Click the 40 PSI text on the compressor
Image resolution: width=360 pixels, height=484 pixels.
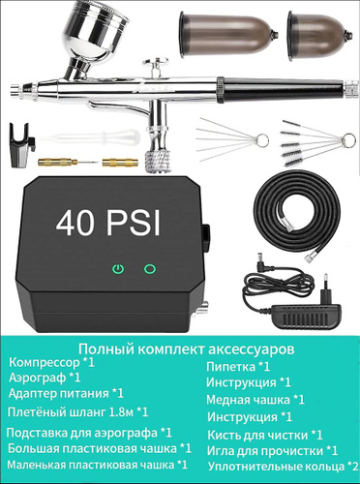point(108,223)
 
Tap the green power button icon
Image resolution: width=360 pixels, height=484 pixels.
point(119,268)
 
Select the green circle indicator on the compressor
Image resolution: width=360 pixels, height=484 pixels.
point(150,268)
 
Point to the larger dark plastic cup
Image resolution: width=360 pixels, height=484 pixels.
point(228,34)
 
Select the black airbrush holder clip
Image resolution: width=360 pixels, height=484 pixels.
point(22,145)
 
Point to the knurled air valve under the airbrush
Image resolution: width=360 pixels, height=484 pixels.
point(157,161)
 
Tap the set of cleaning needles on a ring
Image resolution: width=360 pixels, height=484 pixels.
point(232,138)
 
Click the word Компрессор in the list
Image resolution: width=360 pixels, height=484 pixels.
point(45,363)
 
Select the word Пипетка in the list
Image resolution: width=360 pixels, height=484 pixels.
point(230,367)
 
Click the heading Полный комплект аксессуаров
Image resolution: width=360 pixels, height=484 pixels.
point(187,348)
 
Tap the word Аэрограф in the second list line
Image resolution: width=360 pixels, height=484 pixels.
point(37,378)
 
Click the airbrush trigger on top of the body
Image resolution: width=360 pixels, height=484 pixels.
point(158,67)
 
